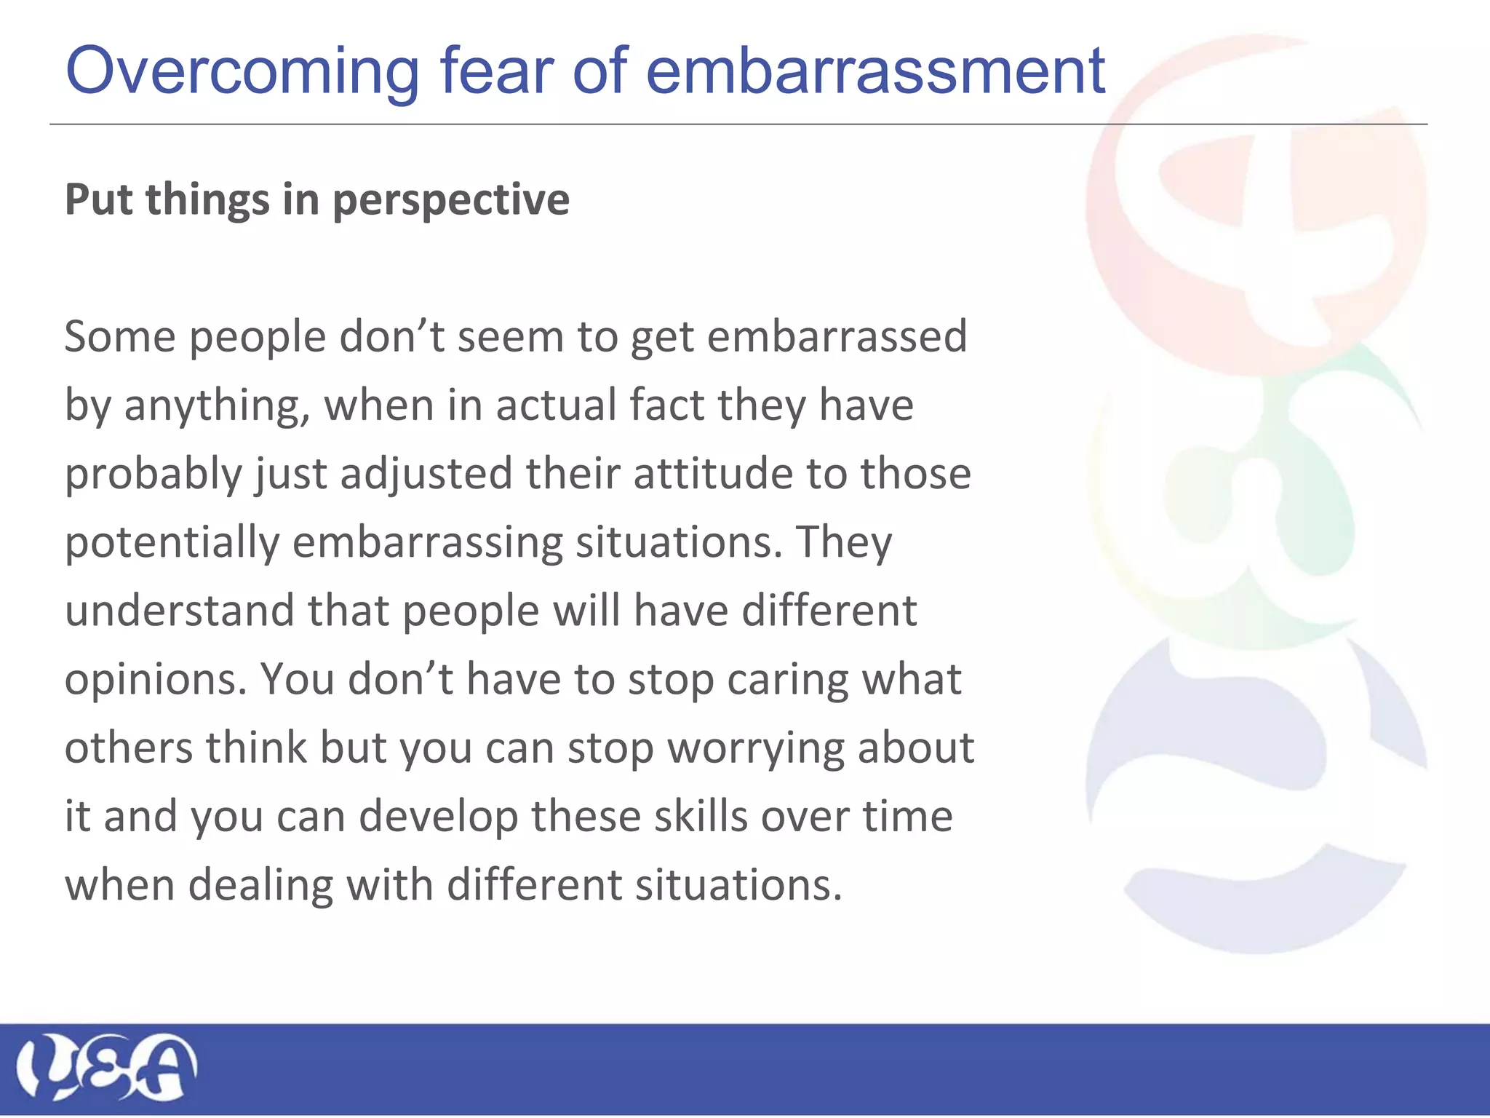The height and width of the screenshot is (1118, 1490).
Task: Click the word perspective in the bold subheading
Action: pos(450,201)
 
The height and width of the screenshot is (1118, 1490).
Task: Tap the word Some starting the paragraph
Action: pos(119,338)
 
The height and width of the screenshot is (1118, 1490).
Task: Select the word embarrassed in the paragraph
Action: pos(837,338)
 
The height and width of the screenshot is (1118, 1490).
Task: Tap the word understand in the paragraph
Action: pos(179,611)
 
